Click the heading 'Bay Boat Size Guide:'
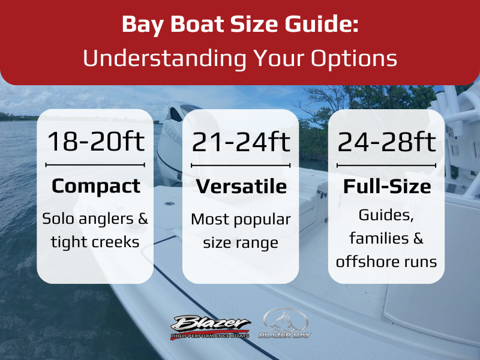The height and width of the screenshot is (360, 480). [240, 25]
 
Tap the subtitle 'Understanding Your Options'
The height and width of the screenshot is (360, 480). [240, 58]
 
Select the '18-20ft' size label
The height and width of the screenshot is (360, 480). [95, 141]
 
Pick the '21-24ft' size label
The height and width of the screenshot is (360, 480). [241, 142]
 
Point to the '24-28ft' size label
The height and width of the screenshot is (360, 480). [386, 142]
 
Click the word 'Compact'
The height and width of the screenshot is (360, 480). [96, 187]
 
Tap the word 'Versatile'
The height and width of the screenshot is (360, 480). [241, 187]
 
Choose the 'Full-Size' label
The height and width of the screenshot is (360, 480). [387, 187]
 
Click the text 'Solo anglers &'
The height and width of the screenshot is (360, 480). [95, 219]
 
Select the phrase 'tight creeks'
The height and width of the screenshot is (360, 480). [95, 242]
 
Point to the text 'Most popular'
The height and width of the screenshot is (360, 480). [241, 220]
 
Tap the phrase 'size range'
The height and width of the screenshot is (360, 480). [241, 244]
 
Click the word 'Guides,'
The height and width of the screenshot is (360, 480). [386, 215]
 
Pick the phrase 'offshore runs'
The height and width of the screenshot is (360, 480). [386, 262]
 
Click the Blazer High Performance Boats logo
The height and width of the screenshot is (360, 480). [211, 327]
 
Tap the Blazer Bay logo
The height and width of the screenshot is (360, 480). [285, 323]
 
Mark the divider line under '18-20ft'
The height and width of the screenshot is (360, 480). [95, 165]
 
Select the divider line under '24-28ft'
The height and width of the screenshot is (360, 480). [386, 166]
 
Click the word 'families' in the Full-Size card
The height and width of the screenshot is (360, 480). [379, 238]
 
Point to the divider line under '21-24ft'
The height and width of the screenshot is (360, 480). [241, 166]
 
